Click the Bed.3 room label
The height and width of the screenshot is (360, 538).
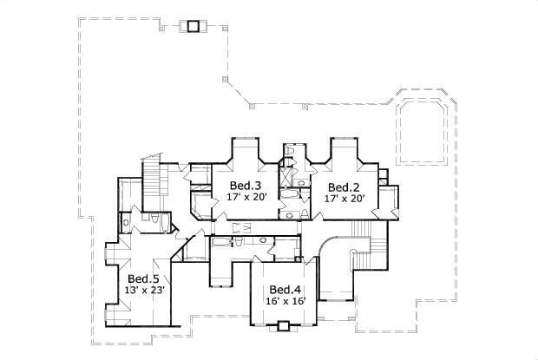click(x=245, y=186)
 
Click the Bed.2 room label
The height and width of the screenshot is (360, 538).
click(x=344, y=187)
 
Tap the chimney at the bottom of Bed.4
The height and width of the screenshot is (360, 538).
click(x=282, y=326)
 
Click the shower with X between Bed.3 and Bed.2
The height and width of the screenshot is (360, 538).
click(x=285, y=180)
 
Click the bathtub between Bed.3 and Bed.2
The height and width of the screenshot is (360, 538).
click(x=292, y=211)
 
